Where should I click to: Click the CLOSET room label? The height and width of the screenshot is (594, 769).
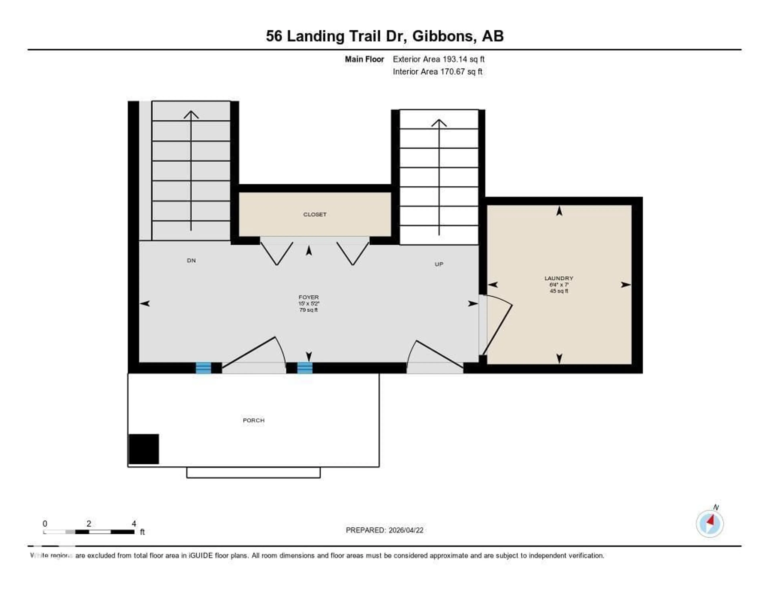(315, 214)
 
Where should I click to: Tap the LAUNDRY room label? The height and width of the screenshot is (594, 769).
(559, 278)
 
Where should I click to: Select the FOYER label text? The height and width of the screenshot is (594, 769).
(308, 297)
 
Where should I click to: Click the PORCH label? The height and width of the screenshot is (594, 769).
(254, 420)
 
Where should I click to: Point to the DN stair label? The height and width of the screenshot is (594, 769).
(191, 261)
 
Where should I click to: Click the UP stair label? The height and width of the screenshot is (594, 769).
(439, 264)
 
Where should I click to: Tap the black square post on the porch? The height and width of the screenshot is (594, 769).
(144, 449)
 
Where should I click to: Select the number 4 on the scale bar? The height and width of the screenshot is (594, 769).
(134, 524)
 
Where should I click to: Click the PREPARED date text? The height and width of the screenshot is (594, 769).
(384, 530)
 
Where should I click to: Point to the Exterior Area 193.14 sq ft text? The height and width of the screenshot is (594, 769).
(438, 59)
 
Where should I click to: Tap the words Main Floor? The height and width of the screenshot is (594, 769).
(364, 59)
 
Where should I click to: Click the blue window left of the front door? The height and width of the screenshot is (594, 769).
(203, 368)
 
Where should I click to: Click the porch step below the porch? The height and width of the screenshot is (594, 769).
(253, 472)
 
